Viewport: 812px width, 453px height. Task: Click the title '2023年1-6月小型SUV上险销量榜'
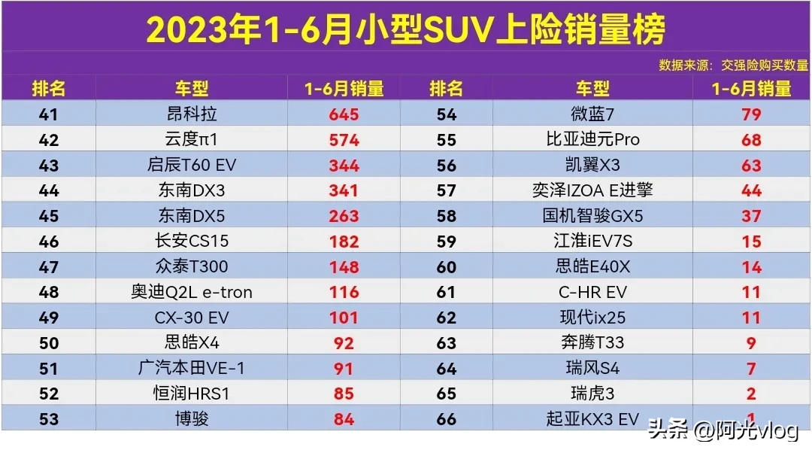click(405, 29)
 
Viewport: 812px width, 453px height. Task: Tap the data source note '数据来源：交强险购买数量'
click(733, 65)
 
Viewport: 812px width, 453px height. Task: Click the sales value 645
click(344, 114)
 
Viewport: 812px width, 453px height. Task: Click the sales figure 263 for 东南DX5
click(344, 216)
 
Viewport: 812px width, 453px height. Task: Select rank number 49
click(49, 318)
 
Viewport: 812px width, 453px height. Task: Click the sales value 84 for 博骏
click(344, 419)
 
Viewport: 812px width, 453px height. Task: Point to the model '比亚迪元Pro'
click(592, 140)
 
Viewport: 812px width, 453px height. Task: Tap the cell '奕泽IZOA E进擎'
click(592, 190)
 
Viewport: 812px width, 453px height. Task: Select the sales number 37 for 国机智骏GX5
click(751, 216)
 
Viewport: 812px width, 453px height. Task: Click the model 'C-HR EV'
click(592, 292)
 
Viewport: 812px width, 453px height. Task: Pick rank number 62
click(447, 318)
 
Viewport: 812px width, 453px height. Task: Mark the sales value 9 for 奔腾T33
click(751, 343)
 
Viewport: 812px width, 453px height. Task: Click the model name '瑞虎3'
click(592, 394)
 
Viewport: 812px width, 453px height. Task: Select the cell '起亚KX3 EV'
click(592, 419)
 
